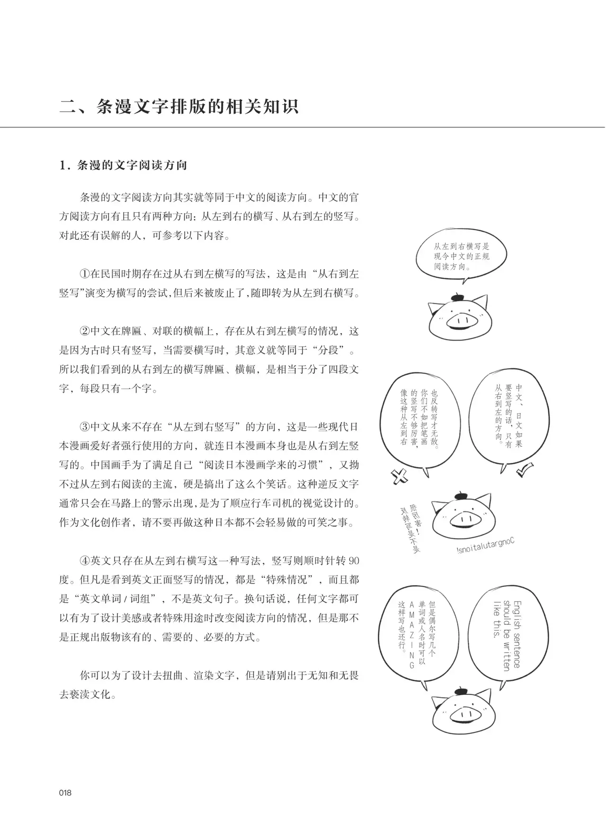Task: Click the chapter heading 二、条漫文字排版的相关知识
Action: [179, 106]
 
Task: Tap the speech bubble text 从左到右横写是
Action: [462, 247]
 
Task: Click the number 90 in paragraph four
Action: [353, 561]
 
